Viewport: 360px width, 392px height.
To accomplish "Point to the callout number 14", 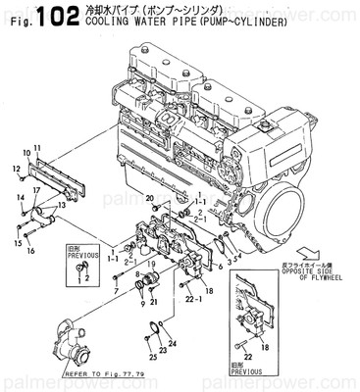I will coord(20,199).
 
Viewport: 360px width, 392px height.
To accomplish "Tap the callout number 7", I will coord(114,291).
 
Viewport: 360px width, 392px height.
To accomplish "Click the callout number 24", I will coord(174,344).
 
